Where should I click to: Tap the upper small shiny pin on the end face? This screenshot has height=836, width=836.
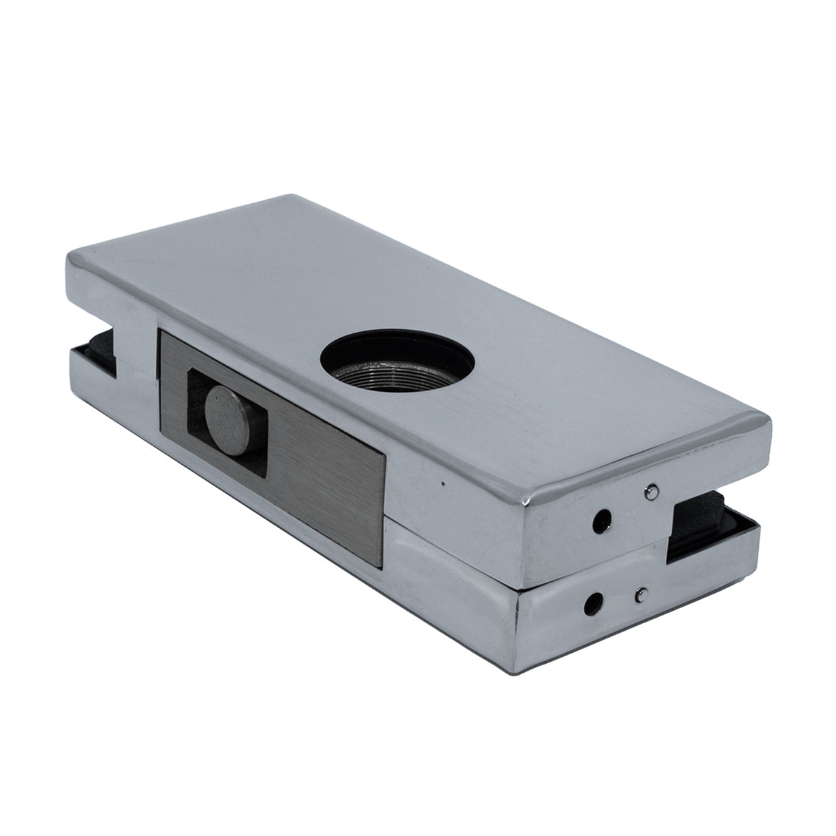pyautogui.click(x=649, y=491)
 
